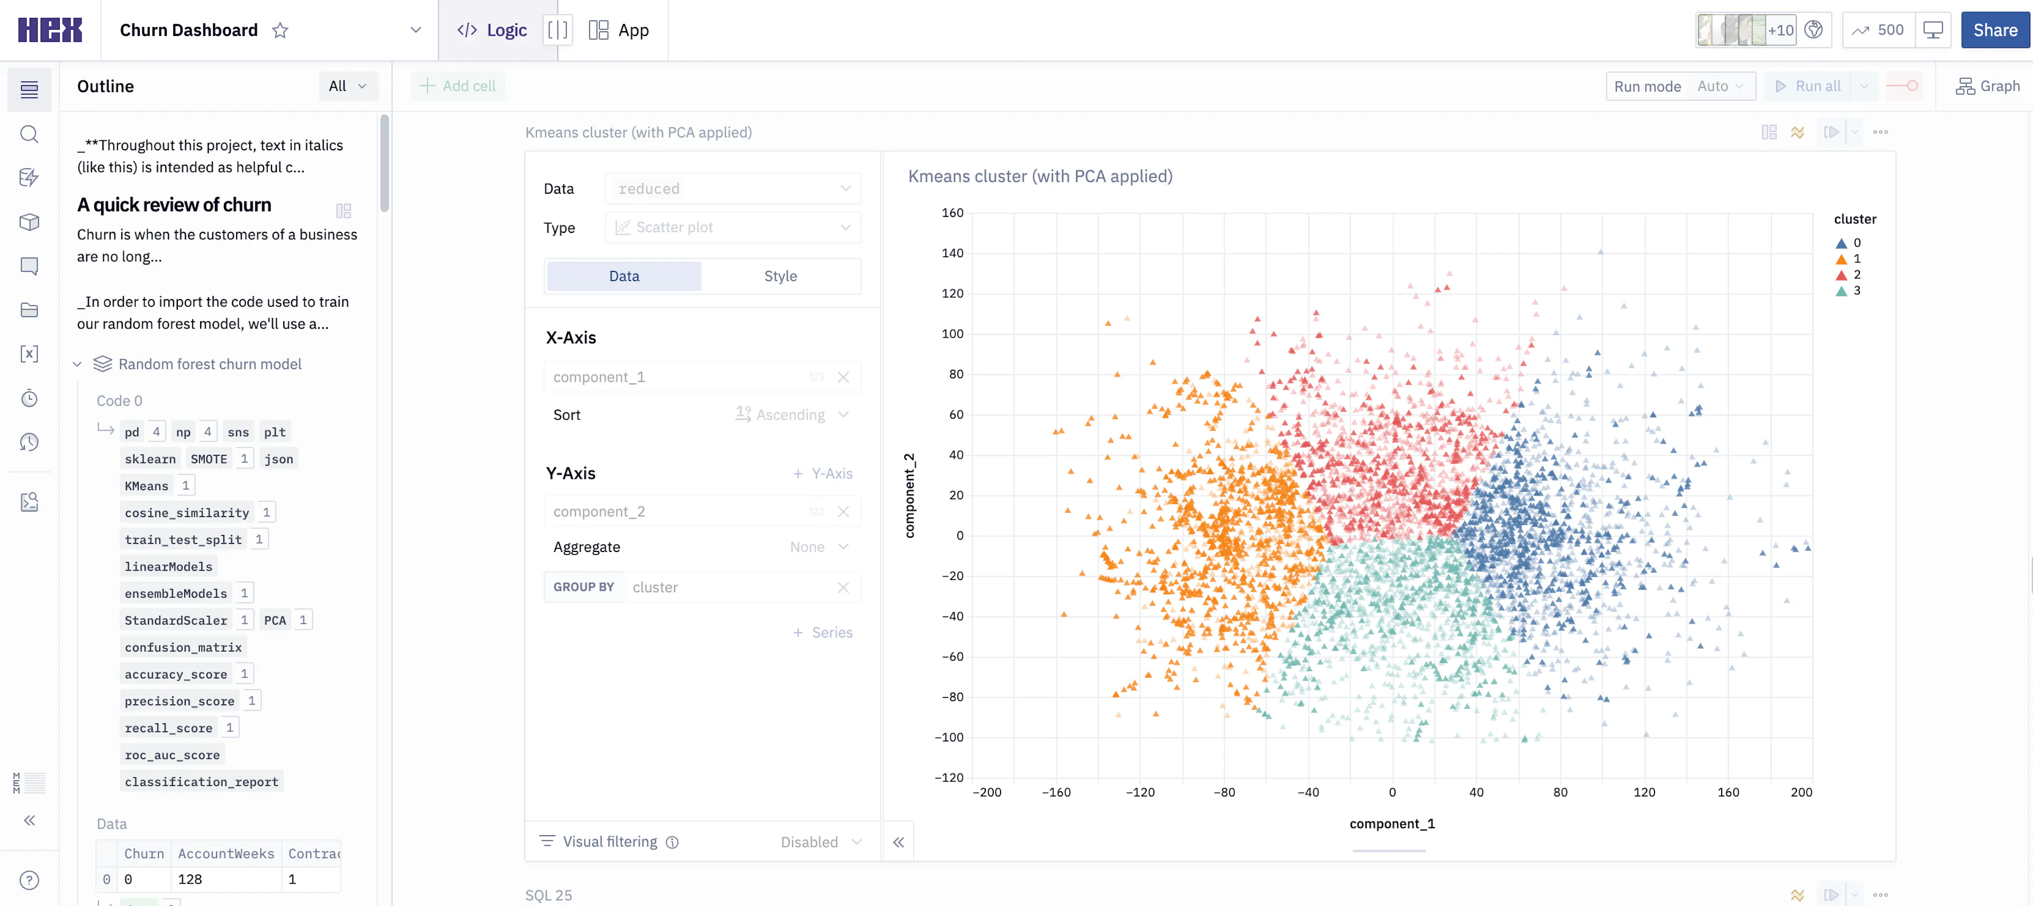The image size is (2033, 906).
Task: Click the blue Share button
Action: pyautogui.click(x=1994, y=30)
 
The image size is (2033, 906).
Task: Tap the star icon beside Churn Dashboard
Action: pyautogui.click(x=280, y=30)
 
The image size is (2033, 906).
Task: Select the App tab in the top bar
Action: pyautogui.click(x=619, y=30)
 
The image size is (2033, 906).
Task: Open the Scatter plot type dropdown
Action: pyautogui.click(x=732, y=227)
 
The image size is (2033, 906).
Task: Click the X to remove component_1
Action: pyautogui.click(x=843, y=377)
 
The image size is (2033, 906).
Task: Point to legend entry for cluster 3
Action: pyautogui.click(x=1848, y=291)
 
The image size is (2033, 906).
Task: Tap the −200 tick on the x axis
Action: pyautogui.click(x=986, y=792)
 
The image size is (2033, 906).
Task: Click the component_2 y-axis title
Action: pyautogui.click(x=909, y=496)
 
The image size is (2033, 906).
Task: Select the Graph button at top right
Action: pyautogui.click(x=1987, y=86)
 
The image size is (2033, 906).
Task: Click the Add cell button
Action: pyautogui.click(x=458, y=86)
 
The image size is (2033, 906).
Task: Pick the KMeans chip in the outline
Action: pyautogui.click(x=147, y=485)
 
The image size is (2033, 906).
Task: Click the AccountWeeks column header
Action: pyautogui.click(x=226, y=853)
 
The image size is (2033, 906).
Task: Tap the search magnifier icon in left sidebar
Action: pyautogui.click(x=29, y=134)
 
